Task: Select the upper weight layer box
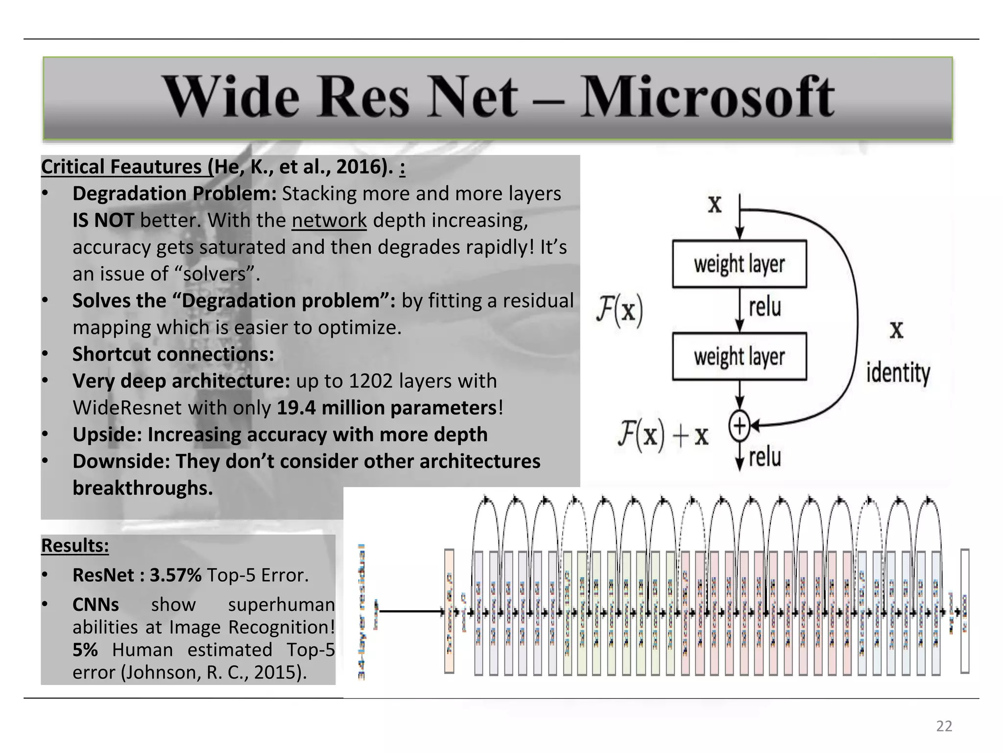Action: (739, 264)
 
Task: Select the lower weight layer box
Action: (739, 356)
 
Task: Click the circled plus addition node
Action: (740, 426)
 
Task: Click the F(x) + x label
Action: (663, 435)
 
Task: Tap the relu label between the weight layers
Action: (764, 308)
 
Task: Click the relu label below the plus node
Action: (764, 457)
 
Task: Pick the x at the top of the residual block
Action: (715, 203)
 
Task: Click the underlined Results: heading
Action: (75, 545)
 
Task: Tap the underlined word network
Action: (329, 220)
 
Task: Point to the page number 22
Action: (944, 726)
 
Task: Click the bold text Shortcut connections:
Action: (173, 354)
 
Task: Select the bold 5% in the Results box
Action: (85, 650)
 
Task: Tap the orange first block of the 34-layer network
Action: (449, 611)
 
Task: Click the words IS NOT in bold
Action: (103, 220)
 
